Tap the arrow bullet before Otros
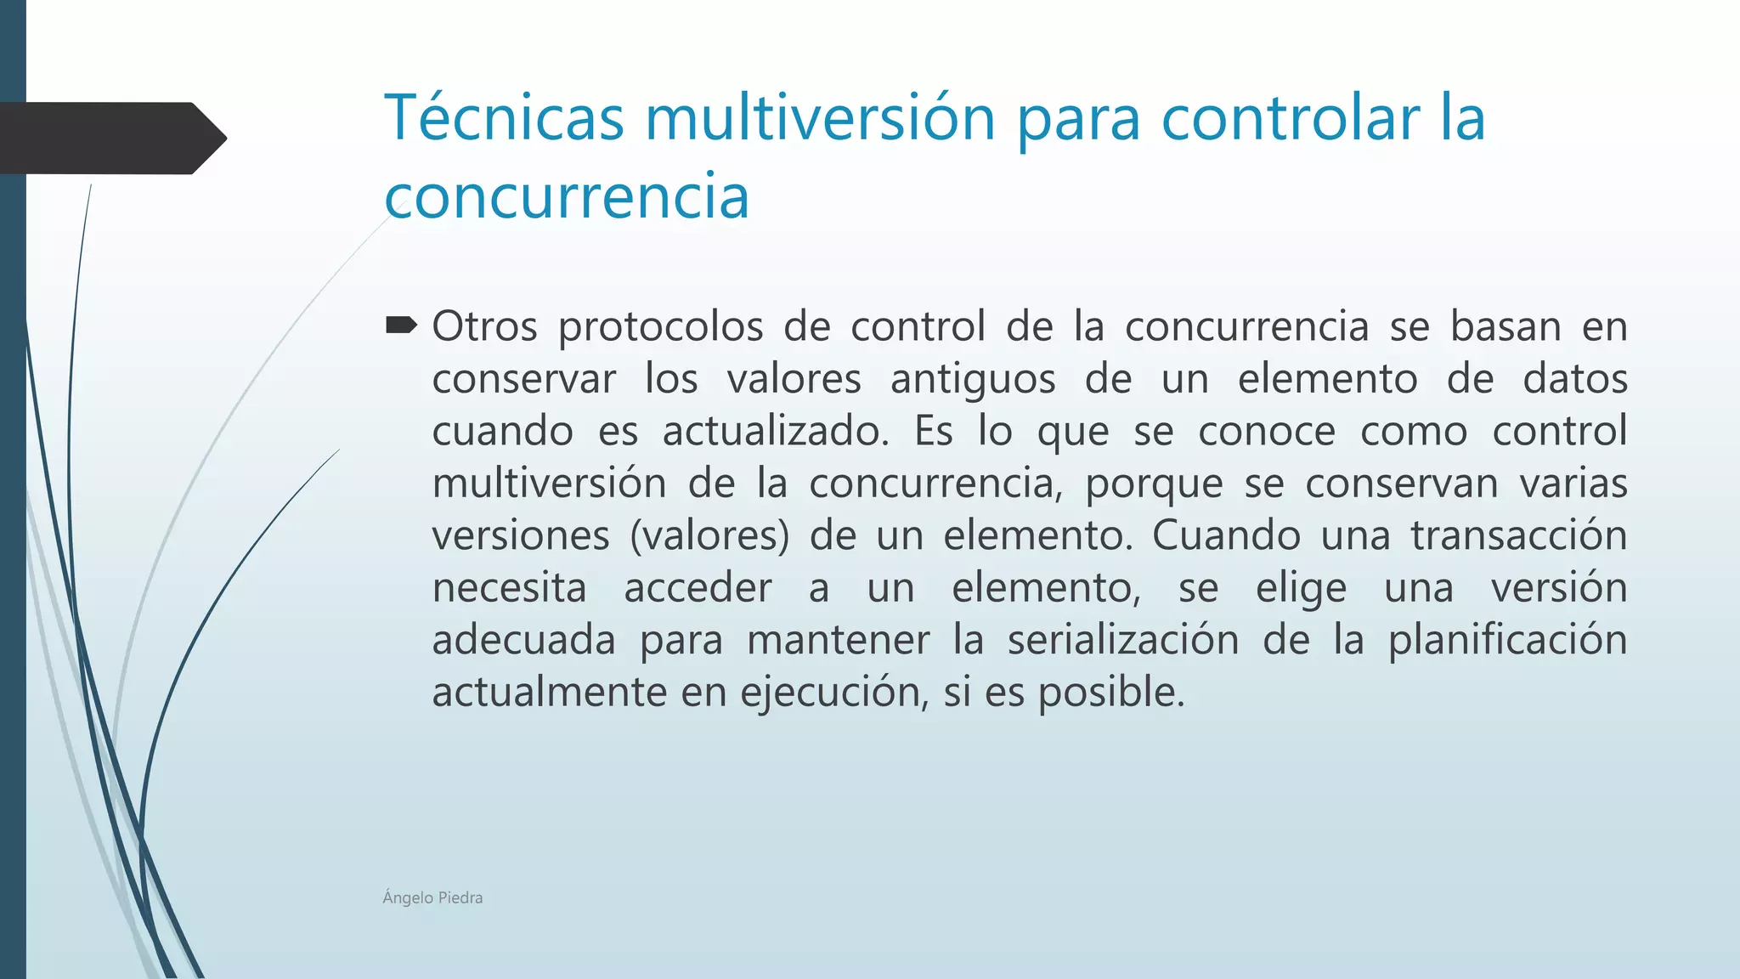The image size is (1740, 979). [x=401, y=325]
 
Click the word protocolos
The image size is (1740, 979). [x=660, y=327]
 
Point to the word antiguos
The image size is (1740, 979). [x=972, y=380]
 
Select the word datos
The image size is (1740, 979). [x=1574, y=378]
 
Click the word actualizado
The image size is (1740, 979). [x=775, y=431]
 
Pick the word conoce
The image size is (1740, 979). [x=1267, y=431]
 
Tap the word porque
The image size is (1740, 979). [x=1153, y=484]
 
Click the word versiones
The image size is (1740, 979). [x=520, y=535]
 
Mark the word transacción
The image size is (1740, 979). [x=1518, y=535]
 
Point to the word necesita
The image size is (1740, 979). [x=509, y=587]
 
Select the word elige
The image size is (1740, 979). [x=1301, y=588]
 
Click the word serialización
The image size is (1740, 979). [x=1123, y=640]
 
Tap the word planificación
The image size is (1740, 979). [x=1507, y=641]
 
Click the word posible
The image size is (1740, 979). [x=1110, y=693]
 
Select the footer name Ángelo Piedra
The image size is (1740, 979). [x=432, y=897]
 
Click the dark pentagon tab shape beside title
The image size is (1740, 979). [x=110, y=138]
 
